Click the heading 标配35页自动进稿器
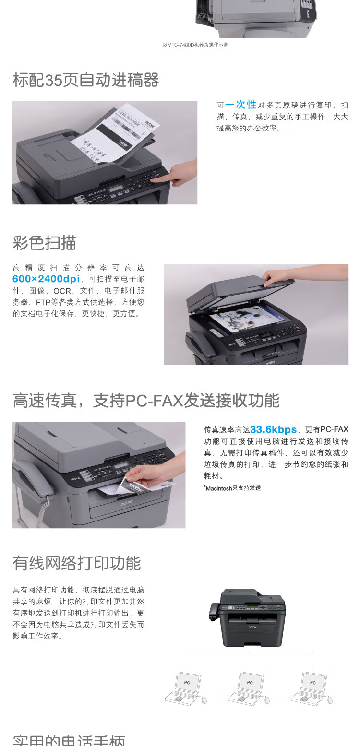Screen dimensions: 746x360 tap(85, 80)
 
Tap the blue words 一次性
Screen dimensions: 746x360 tap(241, 105)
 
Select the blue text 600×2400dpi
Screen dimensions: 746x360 tap(46, 279)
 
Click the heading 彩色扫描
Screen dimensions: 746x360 tap(44, 243)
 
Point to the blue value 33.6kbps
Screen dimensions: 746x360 tap(273, 429)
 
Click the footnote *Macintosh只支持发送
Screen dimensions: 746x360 tap(232, 488)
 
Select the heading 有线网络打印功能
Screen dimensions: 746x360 tap(77, 563)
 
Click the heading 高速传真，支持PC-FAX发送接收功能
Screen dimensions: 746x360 tap(146, 401)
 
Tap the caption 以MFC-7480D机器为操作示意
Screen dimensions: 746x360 tap(195, 45)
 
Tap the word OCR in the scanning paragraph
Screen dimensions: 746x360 tap(62, 291)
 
